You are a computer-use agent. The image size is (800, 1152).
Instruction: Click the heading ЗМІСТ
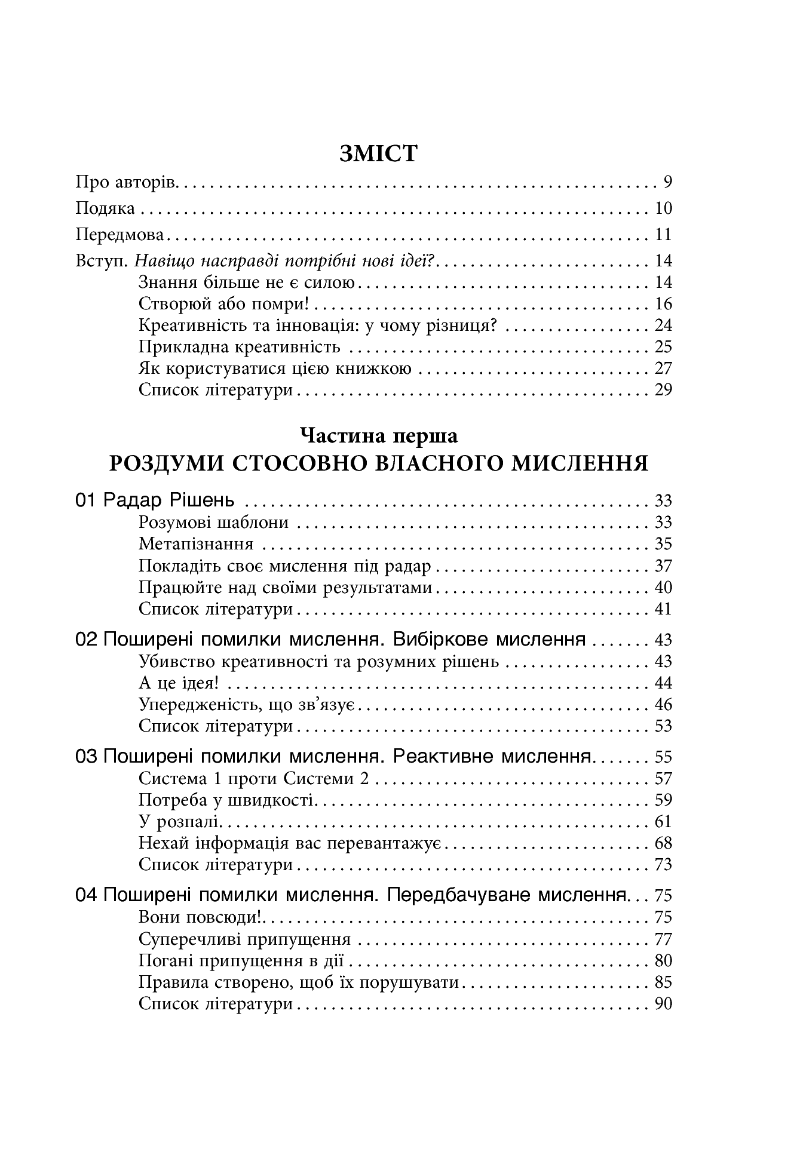click(378, 153)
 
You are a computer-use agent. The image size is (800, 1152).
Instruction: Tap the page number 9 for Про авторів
click(667, 182)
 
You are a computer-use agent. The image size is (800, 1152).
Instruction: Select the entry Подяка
click(106, 208)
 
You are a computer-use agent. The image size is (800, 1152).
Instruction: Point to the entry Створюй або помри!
click(223, 304)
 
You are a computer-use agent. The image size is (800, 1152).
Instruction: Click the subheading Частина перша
click(379, 436)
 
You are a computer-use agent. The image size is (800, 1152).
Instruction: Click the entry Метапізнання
click(196, 544)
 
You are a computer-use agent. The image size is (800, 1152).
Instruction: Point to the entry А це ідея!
click(182, 683)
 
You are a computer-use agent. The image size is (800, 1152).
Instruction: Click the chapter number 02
click(87, 640)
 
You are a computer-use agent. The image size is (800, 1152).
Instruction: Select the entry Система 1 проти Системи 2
click(255, 778)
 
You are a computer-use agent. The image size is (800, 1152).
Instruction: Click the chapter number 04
click(87, 895)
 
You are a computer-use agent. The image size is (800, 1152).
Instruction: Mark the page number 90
click(663, 1003)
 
